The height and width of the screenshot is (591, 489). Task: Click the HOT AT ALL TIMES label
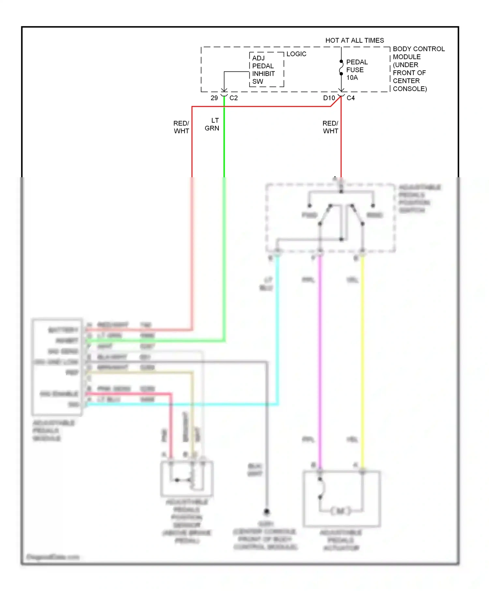[354, 40]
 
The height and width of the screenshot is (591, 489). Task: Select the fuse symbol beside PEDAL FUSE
[341, 68]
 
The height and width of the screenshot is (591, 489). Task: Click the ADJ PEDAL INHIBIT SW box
[266, 70]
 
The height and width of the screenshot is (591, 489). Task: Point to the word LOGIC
[296, 54]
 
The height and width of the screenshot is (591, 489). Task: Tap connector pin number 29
[214, 98]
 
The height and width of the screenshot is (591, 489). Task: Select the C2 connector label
[233, 98]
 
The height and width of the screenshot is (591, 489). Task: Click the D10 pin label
[329, 98]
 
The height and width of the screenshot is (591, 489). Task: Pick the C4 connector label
[350, 98]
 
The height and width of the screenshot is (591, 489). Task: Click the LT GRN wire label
[212, 124]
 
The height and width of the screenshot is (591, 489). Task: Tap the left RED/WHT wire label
[181, 127]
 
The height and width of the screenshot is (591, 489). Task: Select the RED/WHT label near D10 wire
[330, 127]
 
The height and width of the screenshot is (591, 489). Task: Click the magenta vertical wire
[320, 358]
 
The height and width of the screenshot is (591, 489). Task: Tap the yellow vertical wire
[362, 358]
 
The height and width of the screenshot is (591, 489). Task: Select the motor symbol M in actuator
[340, 511]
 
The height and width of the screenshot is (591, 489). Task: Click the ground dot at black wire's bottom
[267, 512]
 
